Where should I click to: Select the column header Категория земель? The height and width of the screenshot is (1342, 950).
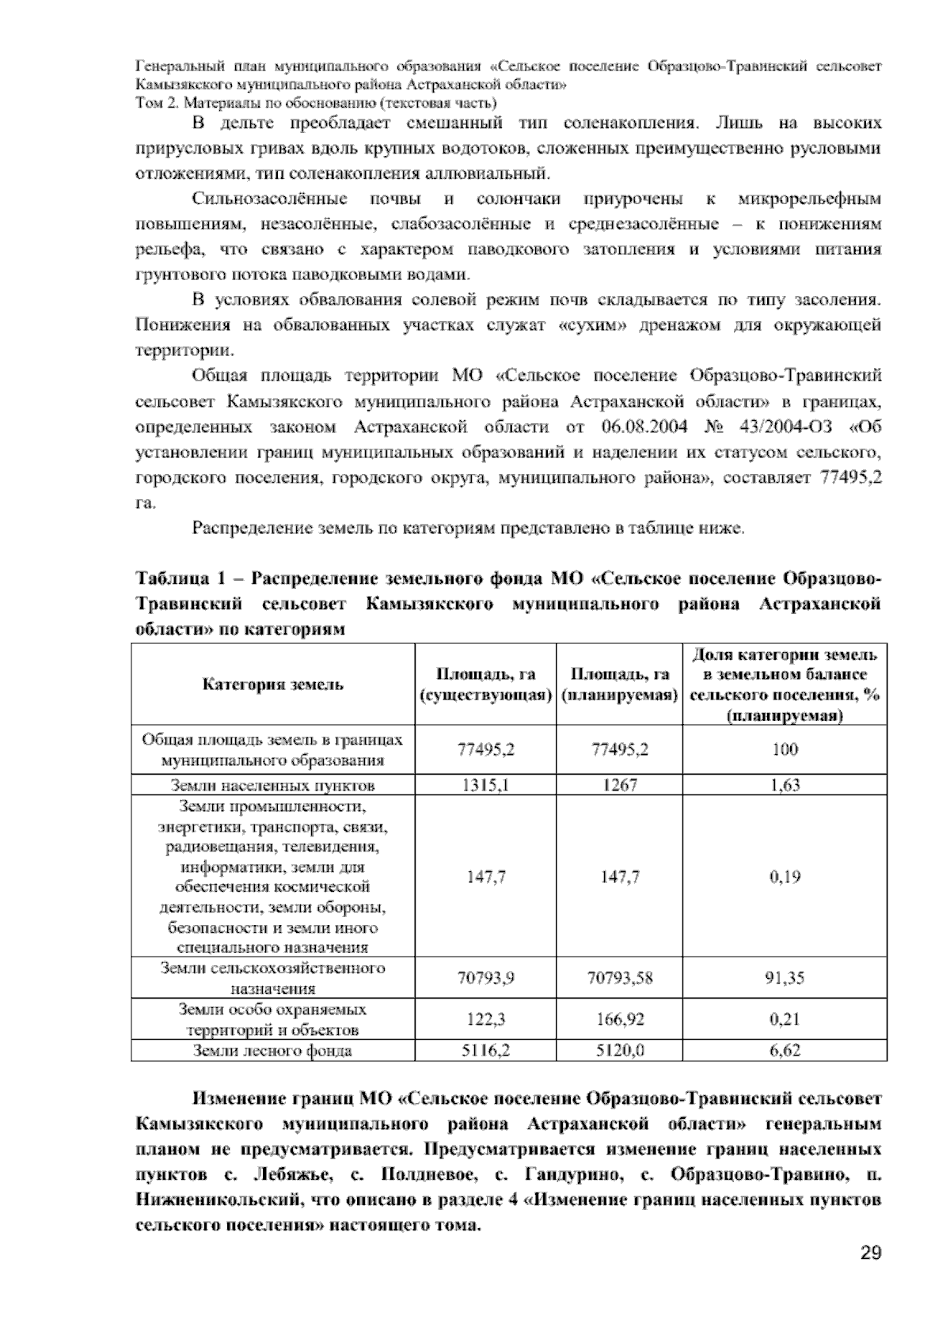click(x=273, y=684)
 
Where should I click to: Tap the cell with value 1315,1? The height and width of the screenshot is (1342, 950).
click(x=485, y=785)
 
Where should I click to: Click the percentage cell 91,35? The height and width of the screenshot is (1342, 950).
click(x=785, y=978)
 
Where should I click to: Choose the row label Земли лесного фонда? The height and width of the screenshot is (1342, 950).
click(x=273, y=1051)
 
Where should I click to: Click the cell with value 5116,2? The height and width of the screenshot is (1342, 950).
click(x=485, y=1051)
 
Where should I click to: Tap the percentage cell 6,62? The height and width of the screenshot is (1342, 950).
click(x=785, y=1051)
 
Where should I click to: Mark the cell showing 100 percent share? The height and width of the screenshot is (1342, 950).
click(x=785, y=749)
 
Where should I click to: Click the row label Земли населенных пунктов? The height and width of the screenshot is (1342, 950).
click(x=273, y=785)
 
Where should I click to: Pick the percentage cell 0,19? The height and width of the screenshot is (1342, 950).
click(x=785, y=877)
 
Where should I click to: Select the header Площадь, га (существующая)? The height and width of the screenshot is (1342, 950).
click(x=485, y=684)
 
